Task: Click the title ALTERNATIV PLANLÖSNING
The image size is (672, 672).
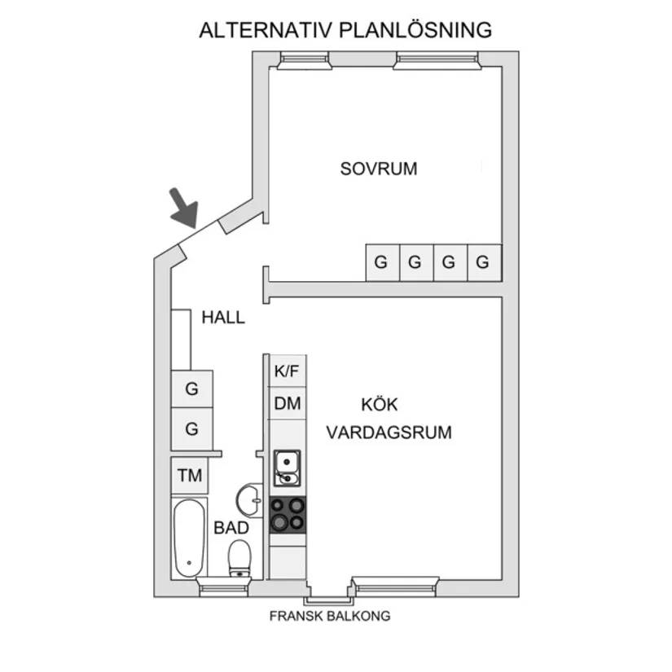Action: tap(345, 31)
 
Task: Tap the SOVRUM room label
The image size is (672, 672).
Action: tap(379, 169)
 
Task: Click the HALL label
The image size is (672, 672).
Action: tap(223, 318)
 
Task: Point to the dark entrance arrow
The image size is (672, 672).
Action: tap(184, 207)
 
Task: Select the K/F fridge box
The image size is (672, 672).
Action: tap(287, 371)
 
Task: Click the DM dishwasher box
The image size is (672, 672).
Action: tap(287, 403)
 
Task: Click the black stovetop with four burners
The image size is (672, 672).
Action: tap(288, 514)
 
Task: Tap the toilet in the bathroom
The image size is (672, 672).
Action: tap(239, 558)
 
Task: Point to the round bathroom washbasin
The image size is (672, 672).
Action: tap(249, 498)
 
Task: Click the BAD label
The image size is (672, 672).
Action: tap(231, 528)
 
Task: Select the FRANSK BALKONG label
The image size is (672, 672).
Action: tap(330, 616)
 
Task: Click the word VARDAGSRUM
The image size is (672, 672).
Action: tap(389, 433)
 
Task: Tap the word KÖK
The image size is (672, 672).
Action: tap(380, 405)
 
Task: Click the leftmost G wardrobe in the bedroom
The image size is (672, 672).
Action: tap(381, 262)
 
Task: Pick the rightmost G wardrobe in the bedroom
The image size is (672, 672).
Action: tap(484, 262)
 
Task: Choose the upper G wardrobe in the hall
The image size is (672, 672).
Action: tap(192, 389)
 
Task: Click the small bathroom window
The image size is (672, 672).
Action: tap(223, 585)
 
